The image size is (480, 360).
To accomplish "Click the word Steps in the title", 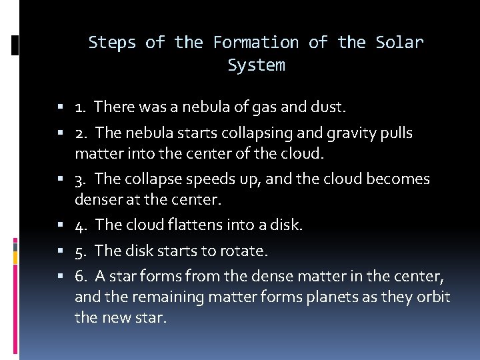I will pos(113,43).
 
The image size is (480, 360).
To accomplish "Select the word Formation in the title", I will pos(256,43).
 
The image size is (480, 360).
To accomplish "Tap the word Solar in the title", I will pos(399,43).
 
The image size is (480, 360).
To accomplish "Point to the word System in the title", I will pos(256,65).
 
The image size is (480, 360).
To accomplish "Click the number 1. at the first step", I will pos(81,107).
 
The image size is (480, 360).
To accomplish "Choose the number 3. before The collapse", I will pos(81,179).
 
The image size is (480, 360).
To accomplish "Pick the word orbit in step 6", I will pos(432,297).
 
